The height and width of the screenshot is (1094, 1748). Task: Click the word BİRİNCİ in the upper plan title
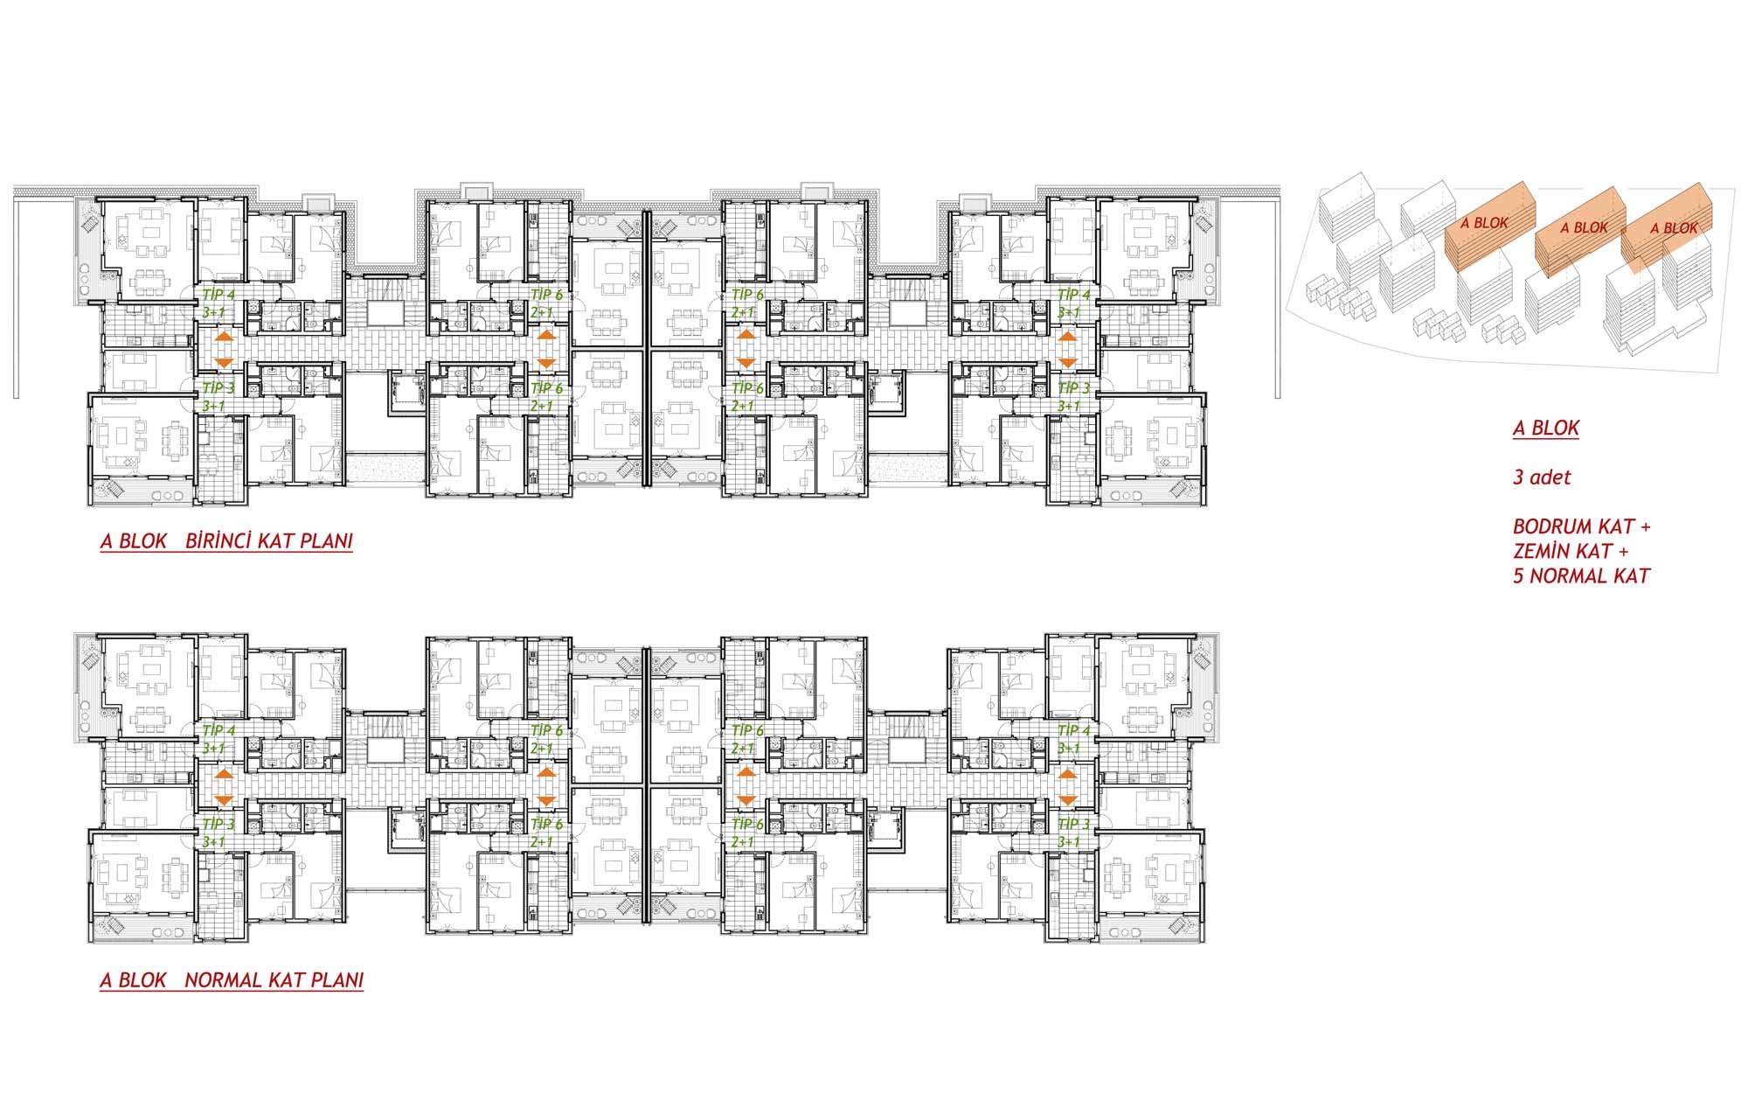click(220, 540)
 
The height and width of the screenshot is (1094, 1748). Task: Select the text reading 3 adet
click(1542, 477)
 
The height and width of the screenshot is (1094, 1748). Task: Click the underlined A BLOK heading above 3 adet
click(1546, 429)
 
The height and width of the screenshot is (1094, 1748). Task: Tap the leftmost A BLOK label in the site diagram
click(1484, 223)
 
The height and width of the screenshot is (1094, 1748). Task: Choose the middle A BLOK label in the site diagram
click(1584, 227)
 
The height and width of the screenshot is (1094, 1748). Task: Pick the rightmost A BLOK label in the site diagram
click(1674, 228)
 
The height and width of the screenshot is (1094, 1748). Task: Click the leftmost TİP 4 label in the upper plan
click(218, 295)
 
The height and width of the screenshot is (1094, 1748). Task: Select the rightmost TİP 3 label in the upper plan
click(1074, 387)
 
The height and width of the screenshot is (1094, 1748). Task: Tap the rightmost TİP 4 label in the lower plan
click(1074, 730)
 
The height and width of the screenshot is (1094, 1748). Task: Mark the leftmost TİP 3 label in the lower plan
click(218, 824)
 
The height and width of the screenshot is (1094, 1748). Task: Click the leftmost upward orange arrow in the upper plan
click(223, 336)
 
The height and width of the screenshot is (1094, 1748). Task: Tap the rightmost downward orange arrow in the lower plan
click(1067, 800)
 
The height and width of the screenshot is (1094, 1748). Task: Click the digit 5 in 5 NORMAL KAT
click(1519, 576)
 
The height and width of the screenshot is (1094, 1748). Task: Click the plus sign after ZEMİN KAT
click(1623, 552)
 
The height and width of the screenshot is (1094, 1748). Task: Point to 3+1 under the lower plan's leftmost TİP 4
click(213, 749)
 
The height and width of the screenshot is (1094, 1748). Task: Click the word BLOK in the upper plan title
click(142, 540)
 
